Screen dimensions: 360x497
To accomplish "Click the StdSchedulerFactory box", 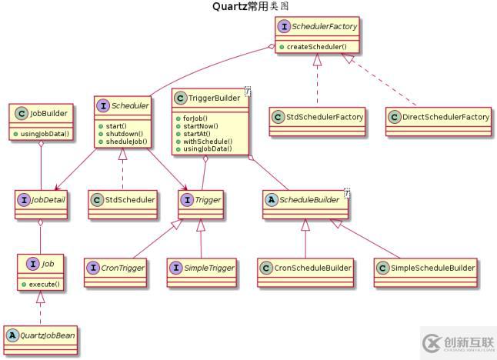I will (315, 117).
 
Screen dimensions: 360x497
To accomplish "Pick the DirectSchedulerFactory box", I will (437, 117).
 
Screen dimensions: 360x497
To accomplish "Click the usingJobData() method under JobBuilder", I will (46, 135).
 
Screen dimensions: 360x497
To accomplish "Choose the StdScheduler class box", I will (122, 201).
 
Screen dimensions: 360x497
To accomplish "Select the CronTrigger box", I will (119, 268).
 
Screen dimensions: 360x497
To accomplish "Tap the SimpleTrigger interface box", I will (200, 268).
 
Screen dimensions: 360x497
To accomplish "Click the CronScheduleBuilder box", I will (305, 268).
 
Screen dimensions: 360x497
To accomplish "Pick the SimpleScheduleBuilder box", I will (425, 268).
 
